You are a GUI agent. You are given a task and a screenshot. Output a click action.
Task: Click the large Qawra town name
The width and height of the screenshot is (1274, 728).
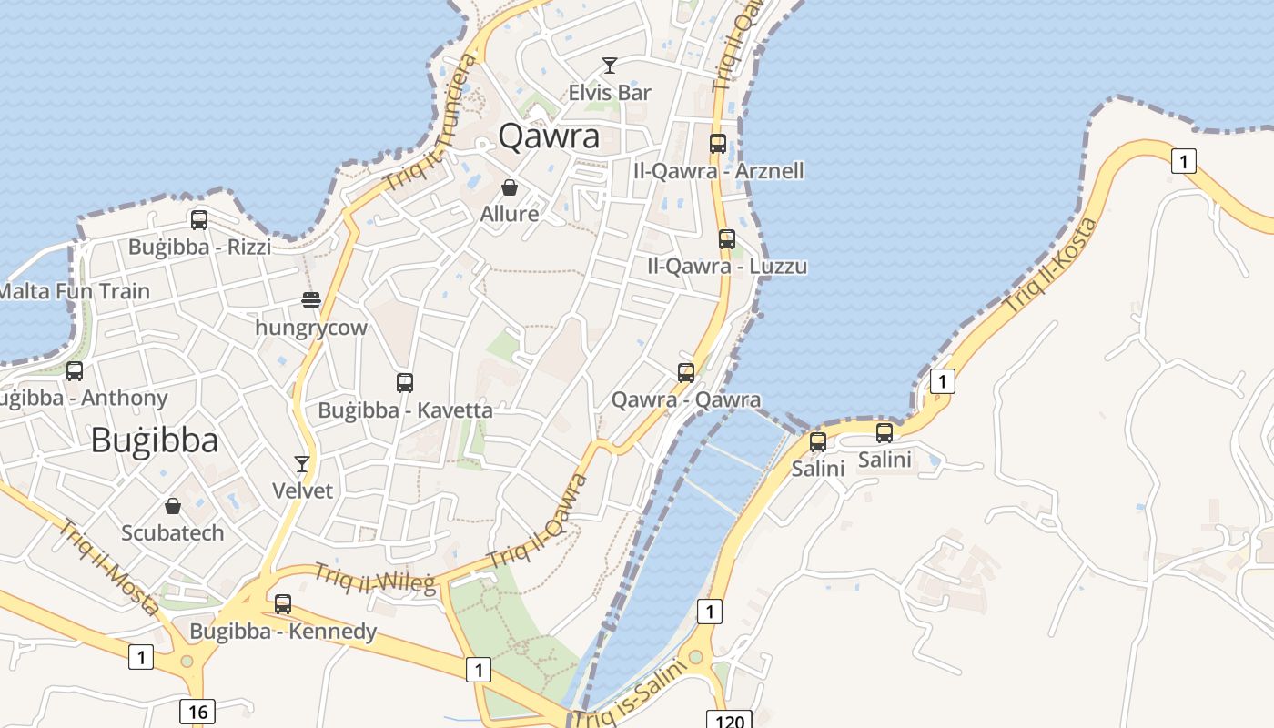549,136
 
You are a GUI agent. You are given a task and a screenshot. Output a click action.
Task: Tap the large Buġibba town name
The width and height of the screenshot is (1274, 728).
155,440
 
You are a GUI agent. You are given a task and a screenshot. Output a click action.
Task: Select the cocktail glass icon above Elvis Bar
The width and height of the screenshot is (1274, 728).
610,66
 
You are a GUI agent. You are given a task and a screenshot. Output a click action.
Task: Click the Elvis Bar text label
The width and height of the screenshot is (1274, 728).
610,93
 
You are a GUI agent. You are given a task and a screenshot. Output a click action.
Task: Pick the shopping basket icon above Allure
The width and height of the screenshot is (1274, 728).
510,187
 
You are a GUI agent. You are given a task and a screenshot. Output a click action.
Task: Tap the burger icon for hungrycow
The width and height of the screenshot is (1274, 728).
311,300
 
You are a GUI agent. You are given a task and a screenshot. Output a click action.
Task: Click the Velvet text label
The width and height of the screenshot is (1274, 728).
303,490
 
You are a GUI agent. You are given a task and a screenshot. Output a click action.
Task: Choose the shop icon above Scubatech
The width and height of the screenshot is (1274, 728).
173,506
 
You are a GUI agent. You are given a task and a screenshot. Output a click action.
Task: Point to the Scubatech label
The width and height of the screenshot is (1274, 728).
173,532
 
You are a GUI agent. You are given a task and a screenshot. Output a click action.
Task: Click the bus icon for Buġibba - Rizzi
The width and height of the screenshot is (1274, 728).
199,220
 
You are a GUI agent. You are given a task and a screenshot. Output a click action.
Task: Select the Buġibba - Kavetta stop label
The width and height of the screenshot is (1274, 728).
405,410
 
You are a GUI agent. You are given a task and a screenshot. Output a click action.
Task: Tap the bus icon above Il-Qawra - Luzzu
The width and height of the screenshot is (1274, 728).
726,239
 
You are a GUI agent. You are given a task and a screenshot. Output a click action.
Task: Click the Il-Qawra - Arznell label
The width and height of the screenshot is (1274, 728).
719,171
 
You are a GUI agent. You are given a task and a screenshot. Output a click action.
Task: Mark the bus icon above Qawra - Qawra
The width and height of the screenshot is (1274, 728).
686,372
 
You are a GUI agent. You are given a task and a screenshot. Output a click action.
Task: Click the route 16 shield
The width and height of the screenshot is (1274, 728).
197,711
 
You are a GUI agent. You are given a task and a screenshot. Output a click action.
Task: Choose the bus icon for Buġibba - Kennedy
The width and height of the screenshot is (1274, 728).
283,604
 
